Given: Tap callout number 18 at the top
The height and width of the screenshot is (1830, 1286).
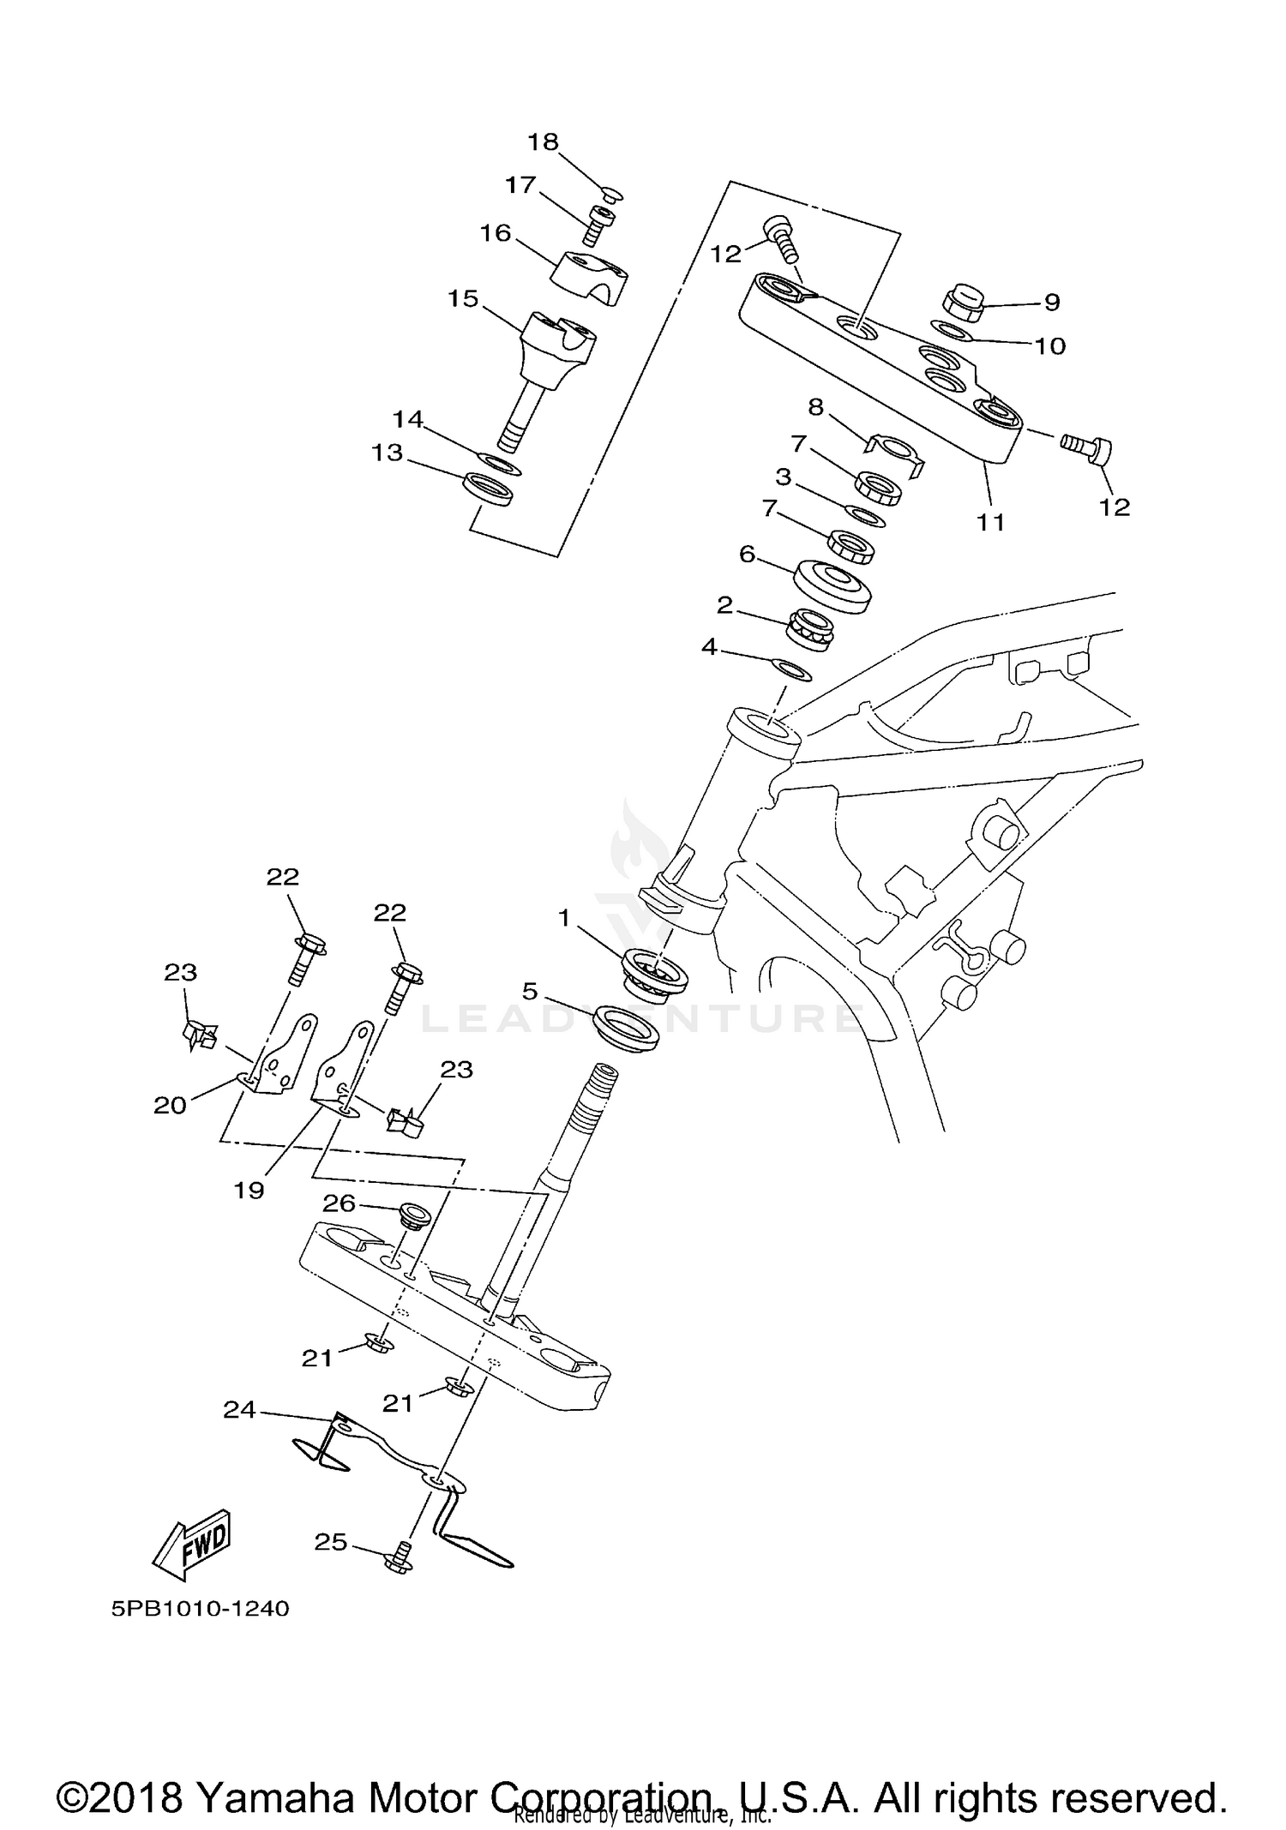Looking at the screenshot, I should [x=543, y=142].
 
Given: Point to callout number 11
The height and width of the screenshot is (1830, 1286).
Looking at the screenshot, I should [x=991, y=521].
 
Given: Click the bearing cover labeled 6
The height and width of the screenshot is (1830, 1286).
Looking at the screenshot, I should [x=832, y=585].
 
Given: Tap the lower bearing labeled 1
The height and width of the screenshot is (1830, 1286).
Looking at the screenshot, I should [x=658, y=973].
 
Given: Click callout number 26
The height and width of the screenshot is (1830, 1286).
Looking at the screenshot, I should [x=339, y=1203].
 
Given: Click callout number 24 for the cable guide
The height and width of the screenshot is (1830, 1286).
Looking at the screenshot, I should [x=239, y=1410].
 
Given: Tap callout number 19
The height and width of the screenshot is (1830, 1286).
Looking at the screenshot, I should [x=249, y=1190].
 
